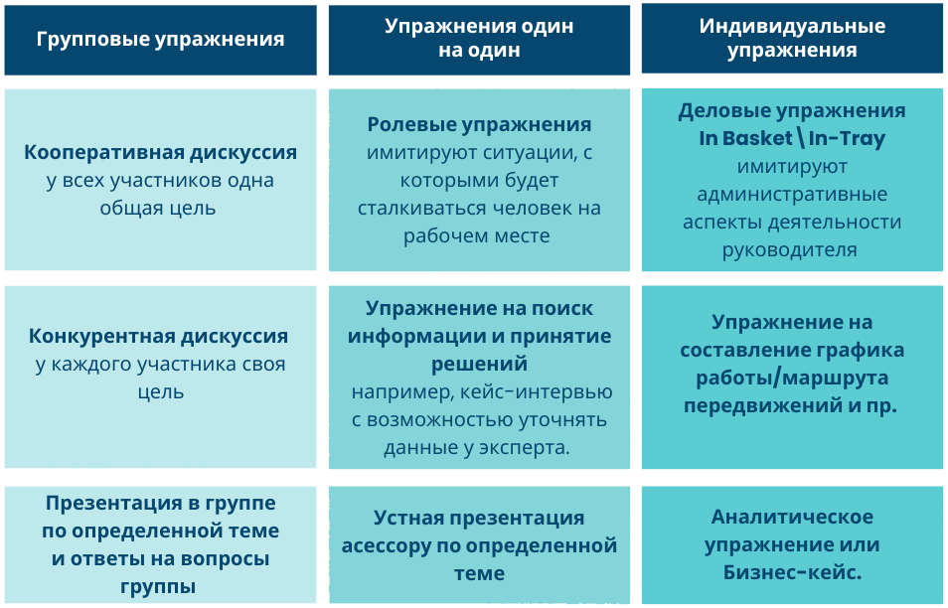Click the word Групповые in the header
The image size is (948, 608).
pos(92,40)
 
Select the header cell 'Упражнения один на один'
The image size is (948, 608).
pos(479,40)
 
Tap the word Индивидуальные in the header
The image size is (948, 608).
pos(792,26)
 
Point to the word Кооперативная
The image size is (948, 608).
pos(103,152)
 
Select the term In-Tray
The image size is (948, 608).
pos(847,138)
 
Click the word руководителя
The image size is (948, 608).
pos(790,249)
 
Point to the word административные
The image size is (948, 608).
pos(792,194)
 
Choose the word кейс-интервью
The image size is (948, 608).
pos(537,391)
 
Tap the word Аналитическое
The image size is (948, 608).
pos(792,518)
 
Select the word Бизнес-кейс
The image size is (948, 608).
pos(792,572)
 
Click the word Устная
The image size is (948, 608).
pos(408,518)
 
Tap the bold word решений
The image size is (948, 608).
pos(479,365)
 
